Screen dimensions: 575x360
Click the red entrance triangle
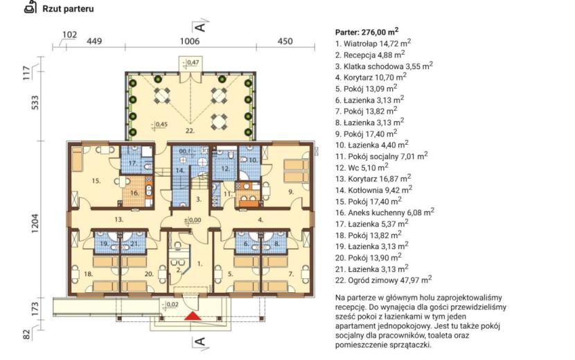coord(193,316)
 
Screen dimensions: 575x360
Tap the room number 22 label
coord(190,130)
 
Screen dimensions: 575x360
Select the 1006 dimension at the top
coord(190,41)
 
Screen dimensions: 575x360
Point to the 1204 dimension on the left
coord(35,223)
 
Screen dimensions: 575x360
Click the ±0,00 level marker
coord(193,220)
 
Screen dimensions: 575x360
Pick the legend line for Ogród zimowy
coord(383,280)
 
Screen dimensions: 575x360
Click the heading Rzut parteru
coord(68,9)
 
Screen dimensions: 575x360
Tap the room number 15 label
coord(96,181)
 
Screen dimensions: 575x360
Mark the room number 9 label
coord(291,191)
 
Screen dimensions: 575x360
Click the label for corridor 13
coord(118,219)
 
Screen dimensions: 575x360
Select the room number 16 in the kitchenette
coord(134,193)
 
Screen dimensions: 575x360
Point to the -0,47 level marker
coord(192,63)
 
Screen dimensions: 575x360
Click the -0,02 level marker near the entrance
coord(170,305)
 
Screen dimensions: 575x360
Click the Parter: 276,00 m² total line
coord(366,32)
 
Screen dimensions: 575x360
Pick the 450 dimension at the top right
coord(285,41)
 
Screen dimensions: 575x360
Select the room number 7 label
coord(291,274)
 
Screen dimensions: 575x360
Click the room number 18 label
coord(88,274)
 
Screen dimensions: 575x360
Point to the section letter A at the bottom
coord(200,342)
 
